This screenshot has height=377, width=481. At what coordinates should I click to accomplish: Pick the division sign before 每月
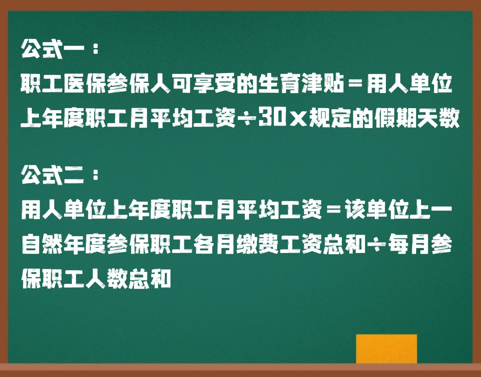pyautogui.click(x=376, y=245)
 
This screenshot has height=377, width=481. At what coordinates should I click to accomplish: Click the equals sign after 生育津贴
pyautogui.click(x=355, y=84)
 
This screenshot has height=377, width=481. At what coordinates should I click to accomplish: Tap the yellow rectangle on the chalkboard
pyautogui.click(x=386, y=349)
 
